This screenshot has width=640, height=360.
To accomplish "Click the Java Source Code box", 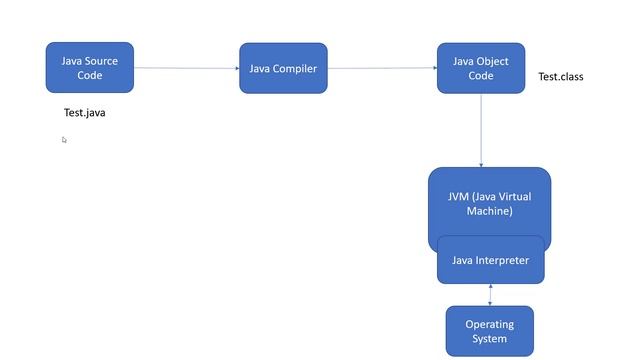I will [89, 67].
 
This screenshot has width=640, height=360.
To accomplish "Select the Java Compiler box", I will [283, 68].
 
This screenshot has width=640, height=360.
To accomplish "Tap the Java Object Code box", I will [480, 67].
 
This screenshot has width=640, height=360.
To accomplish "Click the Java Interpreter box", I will [490, 261].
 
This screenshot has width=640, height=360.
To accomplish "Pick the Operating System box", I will [489, 331].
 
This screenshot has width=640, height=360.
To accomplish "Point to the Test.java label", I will [84, 113].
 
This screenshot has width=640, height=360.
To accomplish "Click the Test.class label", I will [560, 77].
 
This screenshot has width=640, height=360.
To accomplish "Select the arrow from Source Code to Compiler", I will [186, 68].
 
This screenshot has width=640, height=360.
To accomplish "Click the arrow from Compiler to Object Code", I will [382, 68].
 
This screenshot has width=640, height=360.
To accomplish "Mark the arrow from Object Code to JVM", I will [481, 130].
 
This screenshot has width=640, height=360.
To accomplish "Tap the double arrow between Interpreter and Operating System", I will [490, 295].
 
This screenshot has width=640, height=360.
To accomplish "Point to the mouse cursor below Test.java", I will [64, 140].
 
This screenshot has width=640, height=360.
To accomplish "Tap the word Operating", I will [489, 324].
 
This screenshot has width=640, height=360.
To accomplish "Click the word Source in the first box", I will [101, 61].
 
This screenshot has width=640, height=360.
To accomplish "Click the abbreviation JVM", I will [459, 196].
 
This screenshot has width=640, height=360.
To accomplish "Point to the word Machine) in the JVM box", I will [489, 211].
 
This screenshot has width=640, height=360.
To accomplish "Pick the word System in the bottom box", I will [489, 339].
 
